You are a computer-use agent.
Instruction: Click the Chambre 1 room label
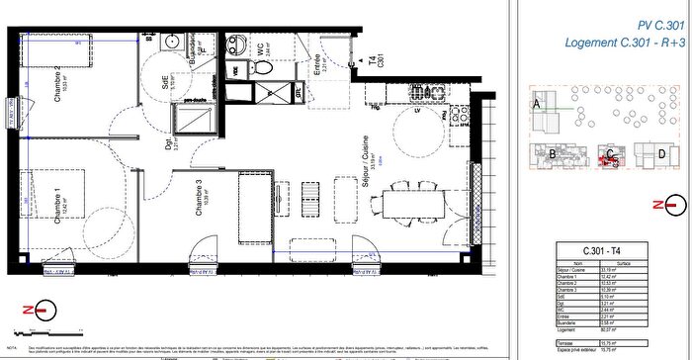59,206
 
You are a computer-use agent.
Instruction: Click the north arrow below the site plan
672,205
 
